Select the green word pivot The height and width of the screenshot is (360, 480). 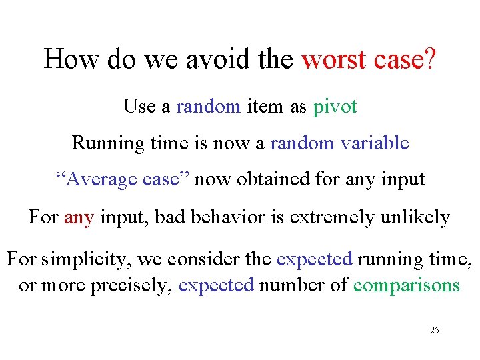pos(335,107)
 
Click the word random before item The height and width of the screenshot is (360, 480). pos(208,107)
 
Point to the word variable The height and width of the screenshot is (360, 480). pos(374,143)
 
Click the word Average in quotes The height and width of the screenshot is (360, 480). pos(94,179)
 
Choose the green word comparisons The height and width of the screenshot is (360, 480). pos(407,285)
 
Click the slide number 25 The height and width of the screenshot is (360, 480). pos(434,330)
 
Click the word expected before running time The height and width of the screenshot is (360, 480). pos(315,259)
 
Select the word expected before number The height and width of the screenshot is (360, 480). pos(217,285)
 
